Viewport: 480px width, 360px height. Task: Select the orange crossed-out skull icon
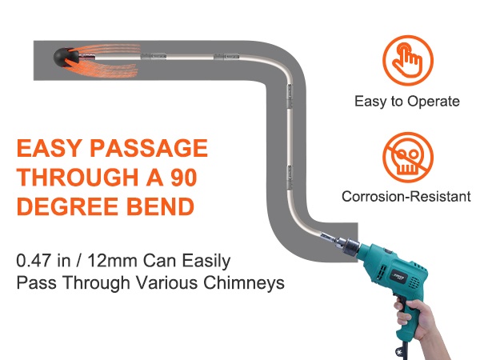(406, 155)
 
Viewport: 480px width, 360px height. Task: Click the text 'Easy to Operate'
(407, 102)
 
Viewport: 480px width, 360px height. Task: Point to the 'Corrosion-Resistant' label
(406, 196)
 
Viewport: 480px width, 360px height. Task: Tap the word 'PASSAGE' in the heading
(150, 150)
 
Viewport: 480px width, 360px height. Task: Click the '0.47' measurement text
(37, 261)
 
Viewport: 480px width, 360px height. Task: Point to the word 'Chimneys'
(248, 283)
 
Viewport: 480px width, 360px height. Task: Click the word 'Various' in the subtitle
(183, 283)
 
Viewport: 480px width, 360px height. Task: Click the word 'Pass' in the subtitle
(34, 283)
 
